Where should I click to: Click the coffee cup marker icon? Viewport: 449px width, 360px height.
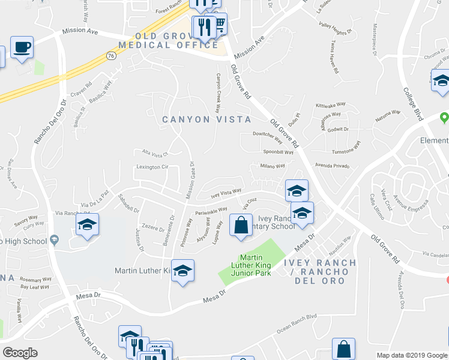pos(22,47)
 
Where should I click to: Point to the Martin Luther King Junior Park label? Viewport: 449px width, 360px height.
pos(252,265)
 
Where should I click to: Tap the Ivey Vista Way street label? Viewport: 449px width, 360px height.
pos(226,193)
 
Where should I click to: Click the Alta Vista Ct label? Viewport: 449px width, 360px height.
pos(153,152)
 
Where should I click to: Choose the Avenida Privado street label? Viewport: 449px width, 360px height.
pos(333,166)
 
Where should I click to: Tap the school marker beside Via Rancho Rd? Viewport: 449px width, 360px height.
pos(87,225)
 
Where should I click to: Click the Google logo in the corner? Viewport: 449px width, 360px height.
pos(20,353)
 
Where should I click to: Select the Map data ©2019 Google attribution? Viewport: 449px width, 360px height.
pos(412,355)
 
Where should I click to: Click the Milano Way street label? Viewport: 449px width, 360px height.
pos(272,166)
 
